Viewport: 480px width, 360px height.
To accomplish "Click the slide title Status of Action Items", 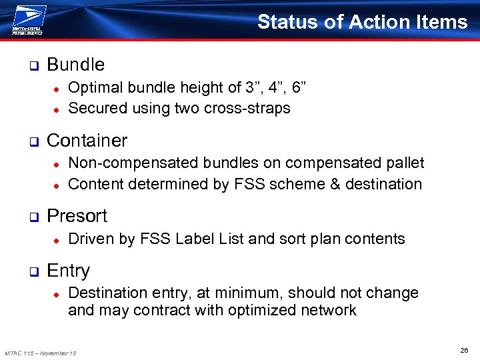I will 362,22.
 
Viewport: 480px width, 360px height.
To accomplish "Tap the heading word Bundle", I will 75,65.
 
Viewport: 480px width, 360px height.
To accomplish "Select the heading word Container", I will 87,141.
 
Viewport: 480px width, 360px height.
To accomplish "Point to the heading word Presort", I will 77,216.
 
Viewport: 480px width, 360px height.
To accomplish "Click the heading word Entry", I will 68,271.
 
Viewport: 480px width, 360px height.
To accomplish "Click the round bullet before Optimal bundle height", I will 58,89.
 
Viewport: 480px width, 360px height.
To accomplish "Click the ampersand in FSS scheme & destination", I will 335,184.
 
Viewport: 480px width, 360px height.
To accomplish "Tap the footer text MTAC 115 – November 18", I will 41,353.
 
